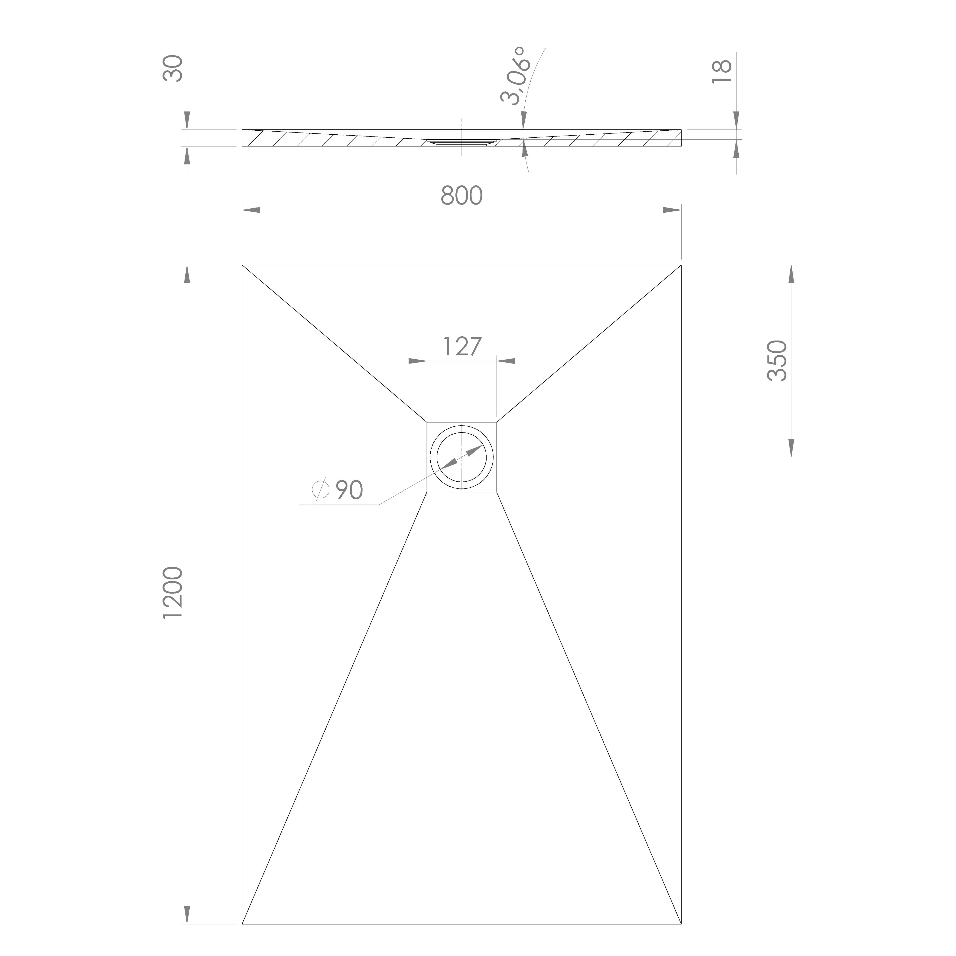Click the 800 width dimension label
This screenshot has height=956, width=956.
pyautogui.click(x=461, y=196)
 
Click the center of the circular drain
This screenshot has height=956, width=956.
pyautogui.click(x=462, y=457)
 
